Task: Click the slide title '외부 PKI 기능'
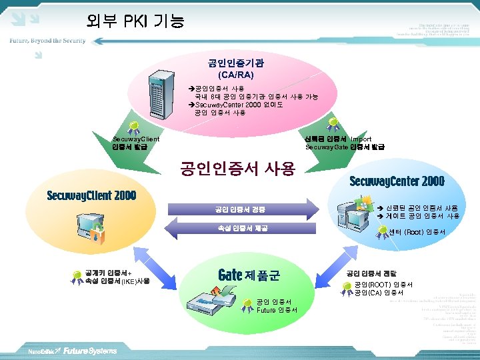[135, 21]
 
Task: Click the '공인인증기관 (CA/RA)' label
[236, 69]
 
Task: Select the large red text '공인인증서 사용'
[237, 169]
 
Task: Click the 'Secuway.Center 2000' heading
[397, 181]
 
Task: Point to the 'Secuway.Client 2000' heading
[91, 196]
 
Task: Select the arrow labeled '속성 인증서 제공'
[240, 229]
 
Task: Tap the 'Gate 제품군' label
[249, 275]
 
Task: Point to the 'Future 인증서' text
[277, 310]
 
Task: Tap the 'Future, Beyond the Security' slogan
[47, 41]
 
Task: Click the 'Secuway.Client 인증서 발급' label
[136, 143]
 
